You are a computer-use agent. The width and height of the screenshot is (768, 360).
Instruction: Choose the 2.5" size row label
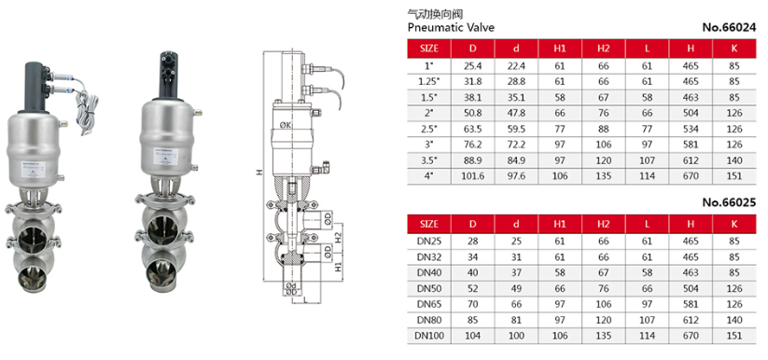pos(429,127)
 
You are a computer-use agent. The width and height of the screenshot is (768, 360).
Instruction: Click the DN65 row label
pos(429,303)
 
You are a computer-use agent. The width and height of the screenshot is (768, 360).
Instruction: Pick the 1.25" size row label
pos(429,81)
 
